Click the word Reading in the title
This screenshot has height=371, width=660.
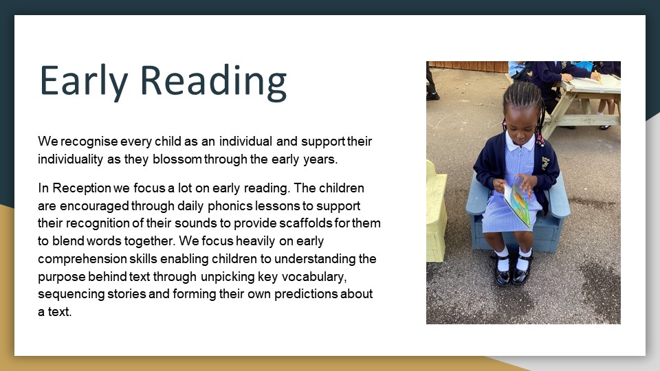click(213, 82)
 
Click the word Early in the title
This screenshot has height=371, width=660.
click(83, 82)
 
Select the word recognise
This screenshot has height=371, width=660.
click(89, 142)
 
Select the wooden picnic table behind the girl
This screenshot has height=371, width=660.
click(583, 102)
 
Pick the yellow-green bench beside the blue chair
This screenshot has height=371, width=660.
click(436, 211)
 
